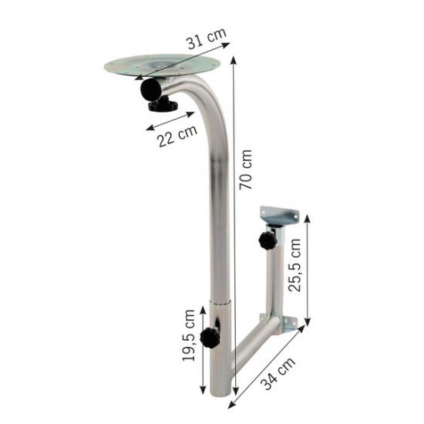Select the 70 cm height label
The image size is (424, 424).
(x=246, y=170)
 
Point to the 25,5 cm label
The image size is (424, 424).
(x=294, y=265)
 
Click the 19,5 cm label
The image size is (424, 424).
(x=189, y=335)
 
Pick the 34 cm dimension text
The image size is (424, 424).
(x=278, y=373)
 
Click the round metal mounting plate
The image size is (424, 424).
(x=162, y=66)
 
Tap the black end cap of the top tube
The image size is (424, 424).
(x=151, y=89)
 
